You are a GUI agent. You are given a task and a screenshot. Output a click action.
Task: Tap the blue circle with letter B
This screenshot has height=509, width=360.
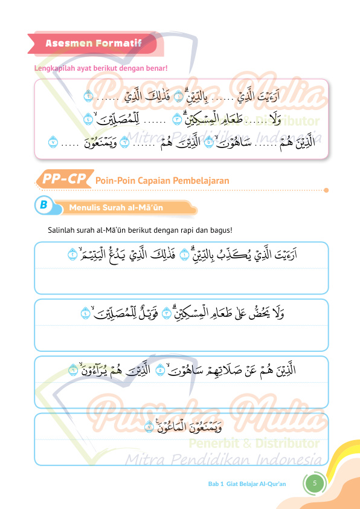43,205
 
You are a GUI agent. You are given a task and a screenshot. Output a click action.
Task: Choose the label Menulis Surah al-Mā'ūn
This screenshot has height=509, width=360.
116,208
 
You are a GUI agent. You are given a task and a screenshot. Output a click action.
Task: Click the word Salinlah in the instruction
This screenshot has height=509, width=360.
60,230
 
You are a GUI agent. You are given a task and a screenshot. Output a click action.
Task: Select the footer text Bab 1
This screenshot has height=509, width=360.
216,484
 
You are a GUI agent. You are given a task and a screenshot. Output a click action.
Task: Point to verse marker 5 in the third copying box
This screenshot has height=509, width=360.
160,369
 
